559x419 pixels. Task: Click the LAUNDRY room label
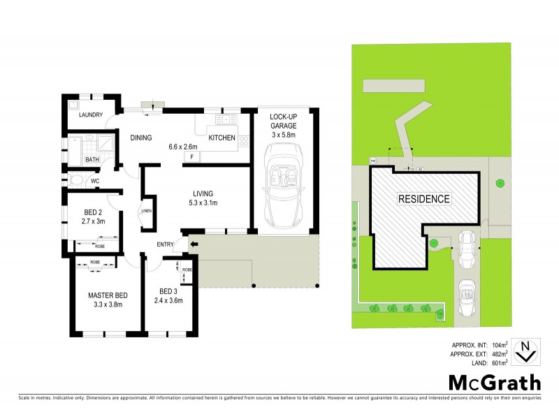coord(91,115)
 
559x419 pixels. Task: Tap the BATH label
coord(92,159)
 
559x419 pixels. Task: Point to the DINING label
coord(141,138)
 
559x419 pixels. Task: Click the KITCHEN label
coord(222,138)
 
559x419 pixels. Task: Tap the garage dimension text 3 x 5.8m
coord(284,134)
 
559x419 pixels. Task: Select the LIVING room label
coord(203,193)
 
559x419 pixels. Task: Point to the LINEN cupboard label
coord(147,211)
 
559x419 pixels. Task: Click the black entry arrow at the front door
coord(193,244)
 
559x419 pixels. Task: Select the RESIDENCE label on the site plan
coord(424,199)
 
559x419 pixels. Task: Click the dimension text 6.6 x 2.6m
coord(183,147)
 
